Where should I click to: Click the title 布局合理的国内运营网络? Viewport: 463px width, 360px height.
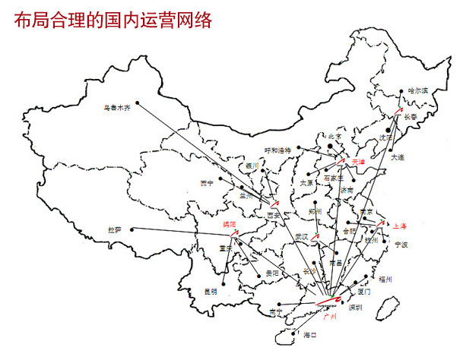[x=113, y=21]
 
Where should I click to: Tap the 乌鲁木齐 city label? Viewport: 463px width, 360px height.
[x=117, y=108]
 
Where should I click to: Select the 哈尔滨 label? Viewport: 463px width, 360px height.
[x=418, y=90]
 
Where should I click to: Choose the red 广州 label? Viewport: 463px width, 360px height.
[x=331, y=315]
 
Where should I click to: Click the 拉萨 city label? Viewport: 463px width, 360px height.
[x=116, y=229]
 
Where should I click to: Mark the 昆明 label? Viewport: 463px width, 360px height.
[x=211, y=292]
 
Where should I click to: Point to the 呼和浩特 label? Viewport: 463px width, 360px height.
[x=278, y=150]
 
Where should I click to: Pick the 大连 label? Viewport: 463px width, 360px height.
[x=398, y=157]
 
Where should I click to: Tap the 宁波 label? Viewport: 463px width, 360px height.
[x=401, y=245]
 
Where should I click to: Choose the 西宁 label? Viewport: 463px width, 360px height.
[x=208, y=183]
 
